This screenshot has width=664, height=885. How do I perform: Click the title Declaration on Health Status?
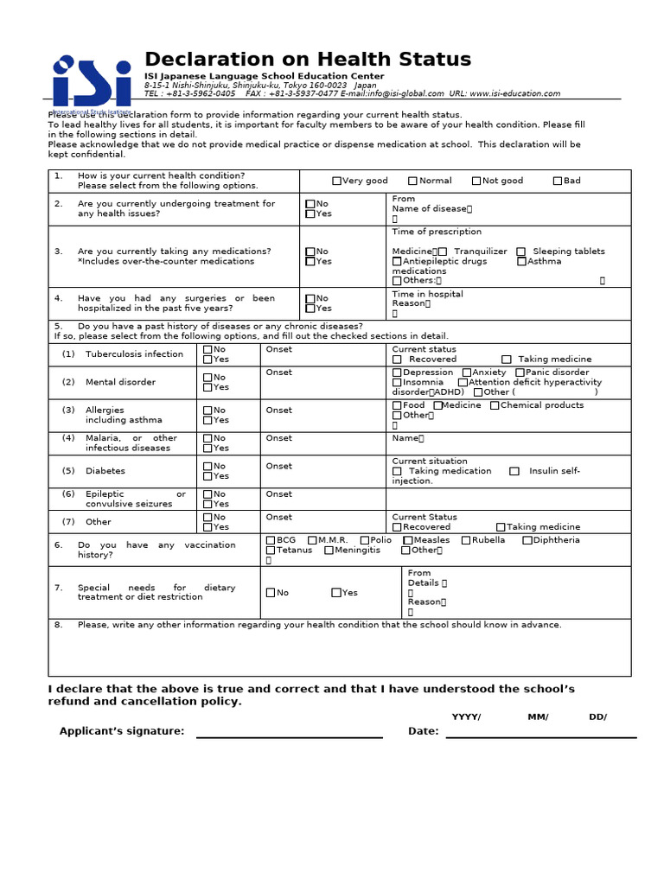(x=308, y=60)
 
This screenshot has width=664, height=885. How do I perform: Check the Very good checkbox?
(x=337, y=181)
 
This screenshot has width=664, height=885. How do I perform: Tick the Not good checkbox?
(x=476, y=181)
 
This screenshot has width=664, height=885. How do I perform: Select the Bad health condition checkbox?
(x=558, y=181)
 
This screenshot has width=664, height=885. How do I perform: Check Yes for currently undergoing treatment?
(x=310, y=213)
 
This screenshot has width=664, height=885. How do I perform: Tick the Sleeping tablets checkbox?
(x=521, y=251)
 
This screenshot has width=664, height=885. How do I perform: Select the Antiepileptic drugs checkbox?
(x=397, y=261)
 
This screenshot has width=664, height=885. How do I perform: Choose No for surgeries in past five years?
(x=310, y=298)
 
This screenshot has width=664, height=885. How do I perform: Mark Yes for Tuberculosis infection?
(x=207, y=360)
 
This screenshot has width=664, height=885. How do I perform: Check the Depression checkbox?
(x=397, y=372)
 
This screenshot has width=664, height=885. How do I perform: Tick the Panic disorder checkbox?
(x=520, y=372)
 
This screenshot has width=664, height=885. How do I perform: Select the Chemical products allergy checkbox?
(x=495, y=405)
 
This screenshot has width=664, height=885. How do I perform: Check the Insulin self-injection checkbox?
(x=514, y=471)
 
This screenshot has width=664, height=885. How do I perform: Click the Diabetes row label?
(x=105, y=471)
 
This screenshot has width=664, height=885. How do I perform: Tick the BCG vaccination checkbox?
(x=271, y=540)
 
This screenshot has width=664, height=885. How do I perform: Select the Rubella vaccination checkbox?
(x=466, y=540)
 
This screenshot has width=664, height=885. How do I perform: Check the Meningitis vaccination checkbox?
(x=329, y=551)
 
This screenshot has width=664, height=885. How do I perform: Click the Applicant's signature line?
(x=289, y=736)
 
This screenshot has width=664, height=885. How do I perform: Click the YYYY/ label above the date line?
(x=466, y=717)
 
